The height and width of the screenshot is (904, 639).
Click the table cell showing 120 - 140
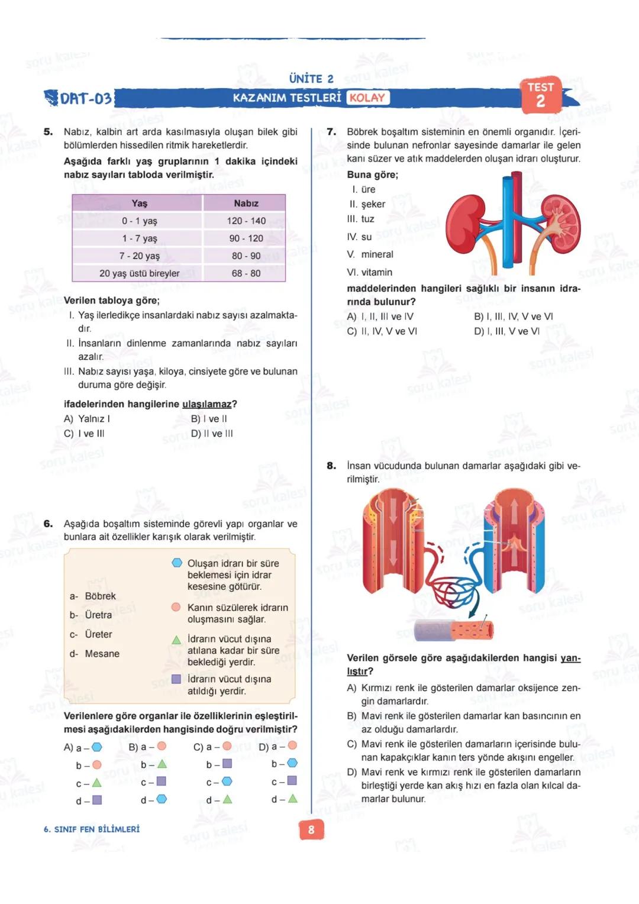[246, 221]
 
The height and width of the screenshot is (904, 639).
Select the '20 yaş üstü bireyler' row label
[139, 273]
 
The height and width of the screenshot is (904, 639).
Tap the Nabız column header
[246, 203]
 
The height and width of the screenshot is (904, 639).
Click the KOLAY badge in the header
[367, 98]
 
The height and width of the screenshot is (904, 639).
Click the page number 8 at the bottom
[311, 830]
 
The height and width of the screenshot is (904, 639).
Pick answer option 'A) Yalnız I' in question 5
[87, 419]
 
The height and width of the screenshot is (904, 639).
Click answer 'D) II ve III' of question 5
[212, 434]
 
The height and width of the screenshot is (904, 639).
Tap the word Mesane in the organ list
[102, 654]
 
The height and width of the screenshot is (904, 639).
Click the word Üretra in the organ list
[98, 615]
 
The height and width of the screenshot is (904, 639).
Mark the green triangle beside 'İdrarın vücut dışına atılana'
[176, 640]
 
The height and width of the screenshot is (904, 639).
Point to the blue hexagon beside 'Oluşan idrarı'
[176, 563]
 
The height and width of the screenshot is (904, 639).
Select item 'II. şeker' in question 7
[367, 204]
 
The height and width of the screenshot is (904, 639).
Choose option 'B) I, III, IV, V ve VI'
[513, 317]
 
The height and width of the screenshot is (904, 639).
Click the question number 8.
[331, 466]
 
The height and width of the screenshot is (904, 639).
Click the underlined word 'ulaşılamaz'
[206, 404]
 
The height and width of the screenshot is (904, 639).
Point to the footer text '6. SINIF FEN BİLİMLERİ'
[92, 829]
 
